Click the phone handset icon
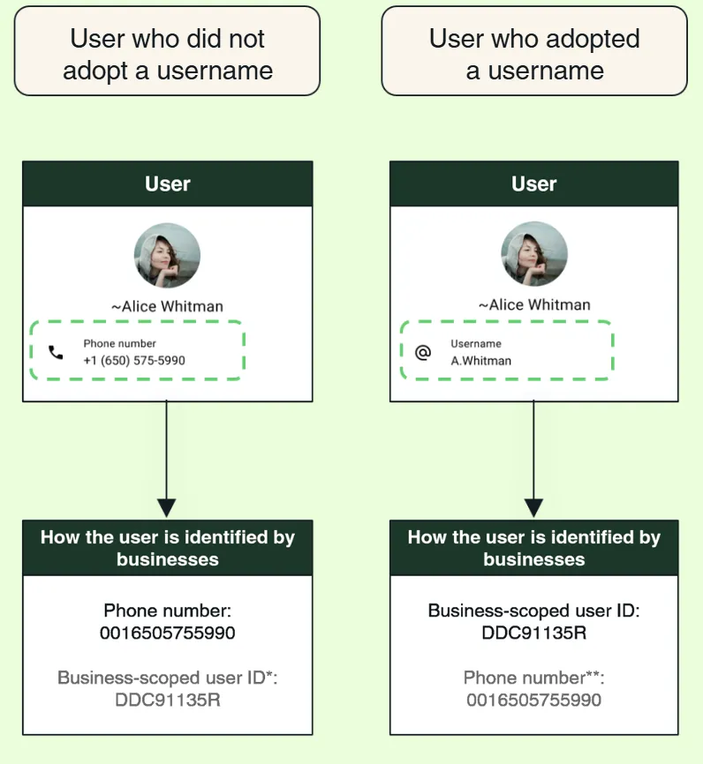[56, 352]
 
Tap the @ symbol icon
[423, 352]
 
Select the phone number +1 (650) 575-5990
[134, 361]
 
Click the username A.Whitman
[481, 361]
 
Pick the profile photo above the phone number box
[167, 255]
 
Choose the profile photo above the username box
[534, 254]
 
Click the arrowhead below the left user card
[166, 507]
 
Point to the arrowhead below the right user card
[533, 507]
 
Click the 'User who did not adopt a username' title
[167, 54]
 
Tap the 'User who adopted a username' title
[534, 54]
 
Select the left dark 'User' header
[167, 184]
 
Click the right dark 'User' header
[533, 184]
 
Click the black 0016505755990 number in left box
[167, 633]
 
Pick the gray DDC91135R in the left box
[167, 700]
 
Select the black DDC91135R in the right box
[533, 633]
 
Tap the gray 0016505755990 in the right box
[533, 700]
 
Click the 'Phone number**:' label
[533, 678]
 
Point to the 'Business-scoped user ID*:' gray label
[167, 678]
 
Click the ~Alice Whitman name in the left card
[167, 306]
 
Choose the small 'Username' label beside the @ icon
[476, 344]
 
